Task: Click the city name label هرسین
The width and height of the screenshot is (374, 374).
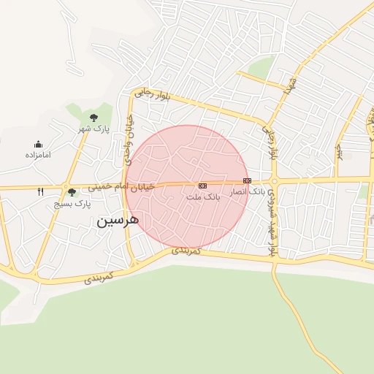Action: point(118,221)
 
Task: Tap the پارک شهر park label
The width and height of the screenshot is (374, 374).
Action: point(94,129)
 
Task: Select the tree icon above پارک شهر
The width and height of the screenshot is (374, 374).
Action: point(93,118)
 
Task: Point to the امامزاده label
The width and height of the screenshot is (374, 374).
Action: point(37,155)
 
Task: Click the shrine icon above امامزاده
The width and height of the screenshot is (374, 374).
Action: point(37,145)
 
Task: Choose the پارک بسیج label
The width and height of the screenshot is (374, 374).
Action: point(72,205)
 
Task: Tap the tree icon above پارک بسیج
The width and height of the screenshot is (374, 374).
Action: point(72,193)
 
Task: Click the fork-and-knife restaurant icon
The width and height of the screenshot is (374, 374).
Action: point(41,192)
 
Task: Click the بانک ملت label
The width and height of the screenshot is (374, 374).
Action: point(203,197)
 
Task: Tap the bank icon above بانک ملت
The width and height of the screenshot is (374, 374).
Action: point(202,186)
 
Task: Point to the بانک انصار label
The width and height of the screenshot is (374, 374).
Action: point(248,191)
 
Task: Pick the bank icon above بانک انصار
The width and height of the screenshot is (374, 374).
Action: point(247,180)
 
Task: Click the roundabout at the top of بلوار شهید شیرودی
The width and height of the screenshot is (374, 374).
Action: point(274,180)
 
